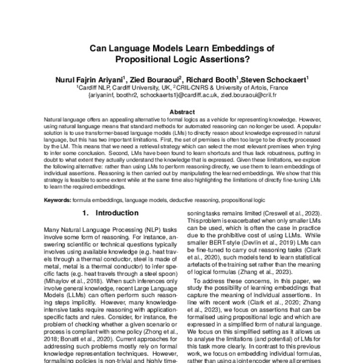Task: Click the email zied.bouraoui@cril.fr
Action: point(237,94)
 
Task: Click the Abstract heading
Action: point(181,113)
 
